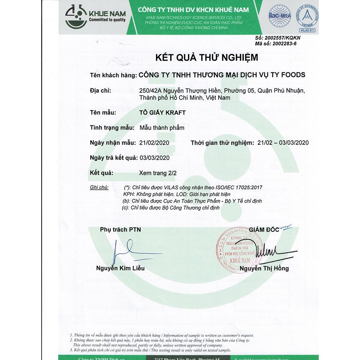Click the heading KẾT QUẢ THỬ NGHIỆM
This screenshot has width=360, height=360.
point(207,57)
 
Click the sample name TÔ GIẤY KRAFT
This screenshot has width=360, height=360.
point(162,112)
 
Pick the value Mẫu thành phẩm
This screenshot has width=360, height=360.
point(162,127)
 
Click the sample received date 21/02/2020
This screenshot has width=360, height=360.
point(154,142)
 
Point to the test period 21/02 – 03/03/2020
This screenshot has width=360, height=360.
point(281,142)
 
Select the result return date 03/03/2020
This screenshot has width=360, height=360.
point(154,158)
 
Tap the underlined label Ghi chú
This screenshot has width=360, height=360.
point(99,187)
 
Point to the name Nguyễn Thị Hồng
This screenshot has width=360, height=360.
point(264,268)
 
